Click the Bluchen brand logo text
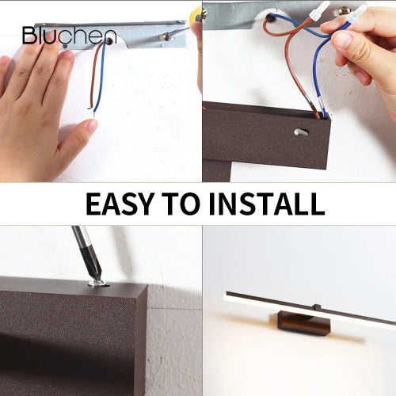pyautogui.click(x=69, y=36)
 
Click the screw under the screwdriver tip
pyautogui.click(x=96, y=281)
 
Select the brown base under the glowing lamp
pyautogui.click(x=304, y=324)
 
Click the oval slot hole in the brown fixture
pyautogui.click(x=301, y=133)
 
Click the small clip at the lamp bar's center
pyautogui.click(x=314, y=307)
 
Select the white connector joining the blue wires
pyautogui.click(x=353, y=15)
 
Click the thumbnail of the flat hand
pyautogui.click(x=99, y=91)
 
